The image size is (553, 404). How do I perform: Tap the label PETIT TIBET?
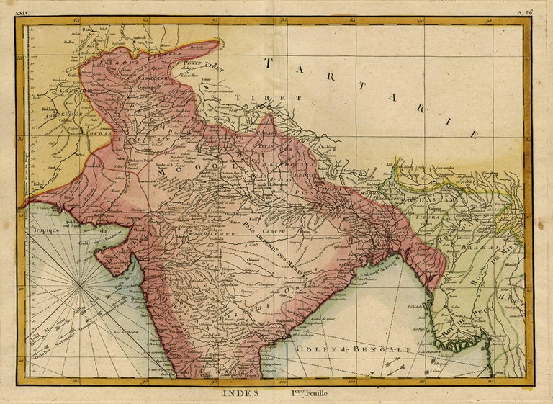pyautogui.click(x=202, y=66)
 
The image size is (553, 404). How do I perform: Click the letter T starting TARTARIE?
pyautogui.click(x=271, y=63)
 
